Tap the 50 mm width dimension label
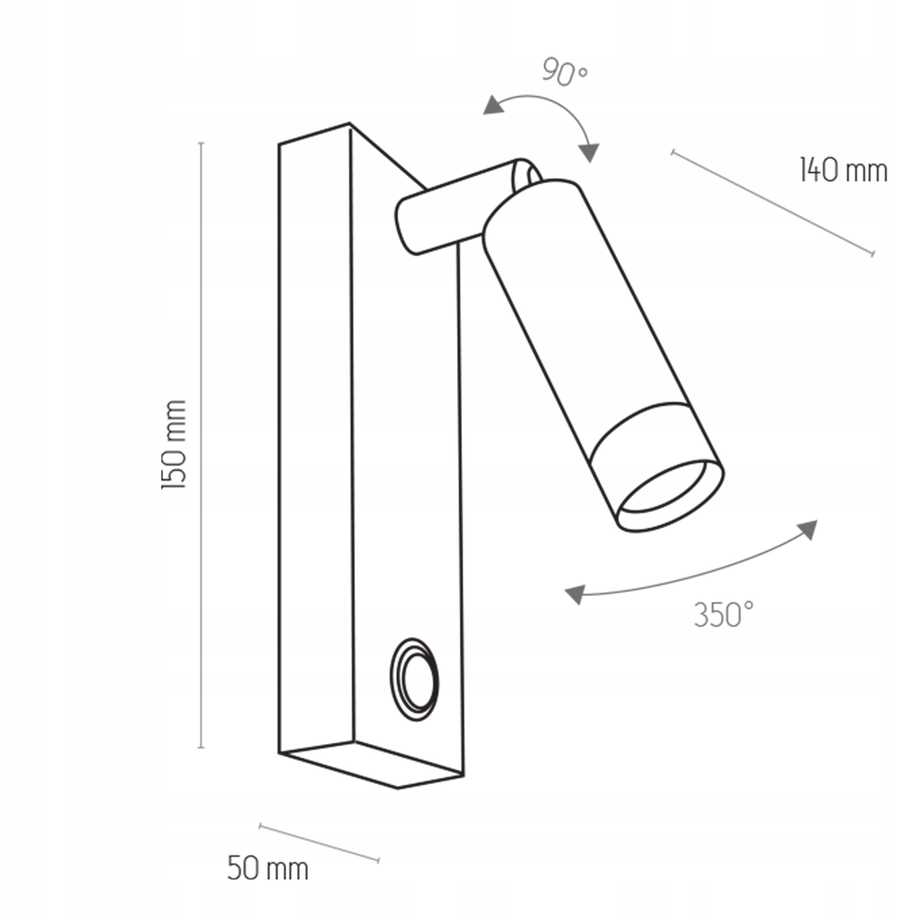click(268, 869)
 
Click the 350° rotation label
click(723, 615)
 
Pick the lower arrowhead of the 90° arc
click(590, 153)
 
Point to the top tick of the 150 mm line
click(201, 143)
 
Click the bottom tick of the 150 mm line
click(201, 747)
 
